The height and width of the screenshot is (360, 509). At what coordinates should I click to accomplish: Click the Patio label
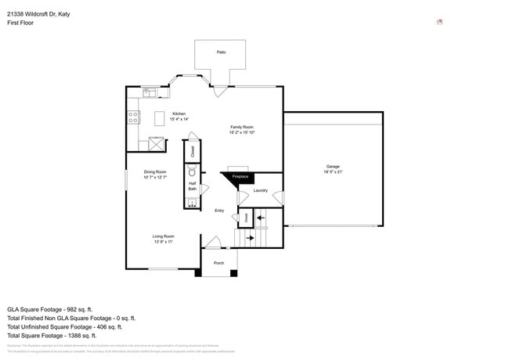220,52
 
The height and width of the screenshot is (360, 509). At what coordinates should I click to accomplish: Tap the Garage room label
333,166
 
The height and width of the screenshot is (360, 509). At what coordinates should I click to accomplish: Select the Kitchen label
179,113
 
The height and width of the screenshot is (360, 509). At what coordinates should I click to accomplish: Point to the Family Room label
242,127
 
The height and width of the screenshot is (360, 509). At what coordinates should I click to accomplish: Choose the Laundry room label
261,190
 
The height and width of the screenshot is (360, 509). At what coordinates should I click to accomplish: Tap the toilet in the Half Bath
193,171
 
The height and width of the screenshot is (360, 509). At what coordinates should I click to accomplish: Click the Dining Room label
154,172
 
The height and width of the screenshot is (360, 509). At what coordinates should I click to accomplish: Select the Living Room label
163,236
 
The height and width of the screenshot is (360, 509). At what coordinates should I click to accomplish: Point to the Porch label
219,263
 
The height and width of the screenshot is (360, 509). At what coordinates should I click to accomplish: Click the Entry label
219,210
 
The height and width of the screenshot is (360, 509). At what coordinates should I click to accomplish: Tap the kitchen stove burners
134,118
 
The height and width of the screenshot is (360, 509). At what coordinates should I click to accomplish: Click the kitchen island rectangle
160,118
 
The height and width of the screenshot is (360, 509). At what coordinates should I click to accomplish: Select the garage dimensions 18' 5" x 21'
333,171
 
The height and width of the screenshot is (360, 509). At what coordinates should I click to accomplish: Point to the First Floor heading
21,23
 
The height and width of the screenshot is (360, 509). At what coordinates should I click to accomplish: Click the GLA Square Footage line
50,309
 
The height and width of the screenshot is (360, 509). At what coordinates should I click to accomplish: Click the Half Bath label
192,186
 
